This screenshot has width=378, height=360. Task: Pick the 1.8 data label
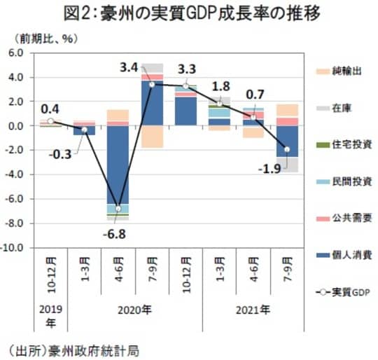coord(220,87)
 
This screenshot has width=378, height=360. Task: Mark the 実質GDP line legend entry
coord(343,291)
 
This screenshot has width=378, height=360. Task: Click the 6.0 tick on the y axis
coord(15,53)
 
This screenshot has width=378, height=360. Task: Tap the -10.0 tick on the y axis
coord(13,248)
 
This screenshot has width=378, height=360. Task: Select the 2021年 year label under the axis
coord(251,308)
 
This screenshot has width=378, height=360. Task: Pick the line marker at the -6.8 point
coord(118,209)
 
